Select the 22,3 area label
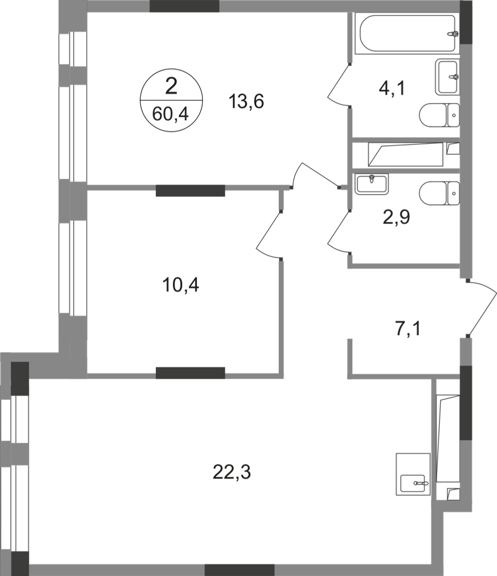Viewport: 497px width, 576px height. coord(231,471)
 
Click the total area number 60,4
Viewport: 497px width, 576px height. coord(171,113)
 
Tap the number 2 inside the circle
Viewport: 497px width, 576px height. coord(171,86)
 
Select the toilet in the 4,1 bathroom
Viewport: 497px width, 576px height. coord(439,114)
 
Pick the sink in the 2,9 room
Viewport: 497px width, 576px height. coord(372,183)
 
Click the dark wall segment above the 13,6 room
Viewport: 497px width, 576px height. coord(184,6)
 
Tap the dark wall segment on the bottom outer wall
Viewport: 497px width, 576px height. coord(239,569)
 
